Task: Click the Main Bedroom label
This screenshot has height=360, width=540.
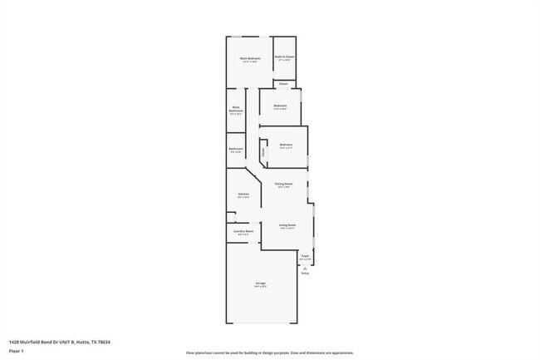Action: pos(250,58)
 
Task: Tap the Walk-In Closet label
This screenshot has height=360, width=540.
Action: pos(285,57)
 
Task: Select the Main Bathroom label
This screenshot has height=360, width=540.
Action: pos(236,109)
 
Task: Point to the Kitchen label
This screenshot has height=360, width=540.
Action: pos(243,194)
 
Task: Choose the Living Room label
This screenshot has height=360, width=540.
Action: pos(287,224)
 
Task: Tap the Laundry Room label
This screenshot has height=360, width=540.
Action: pos(243,231)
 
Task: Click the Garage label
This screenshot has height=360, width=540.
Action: pos(260,284)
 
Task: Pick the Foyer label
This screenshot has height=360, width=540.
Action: pos(305,255)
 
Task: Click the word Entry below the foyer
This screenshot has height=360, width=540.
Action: pos(305,274)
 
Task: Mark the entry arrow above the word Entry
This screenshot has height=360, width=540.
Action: pos(305,267)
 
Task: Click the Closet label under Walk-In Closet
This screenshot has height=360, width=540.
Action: pos(283,84)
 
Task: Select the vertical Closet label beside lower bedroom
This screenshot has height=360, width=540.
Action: pos(264,152)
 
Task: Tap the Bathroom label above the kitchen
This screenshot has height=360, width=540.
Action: pos(236,148)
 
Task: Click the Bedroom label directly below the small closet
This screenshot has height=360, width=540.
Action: pos(280,106)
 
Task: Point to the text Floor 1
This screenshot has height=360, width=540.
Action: pos(17,352)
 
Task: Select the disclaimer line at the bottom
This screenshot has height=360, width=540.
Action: pos(270,353)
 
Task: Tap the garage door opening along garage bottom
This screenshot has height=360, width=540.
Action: pos(261,323)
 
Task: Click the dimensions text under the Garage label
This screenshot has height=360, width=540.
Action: pos(260,288)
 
